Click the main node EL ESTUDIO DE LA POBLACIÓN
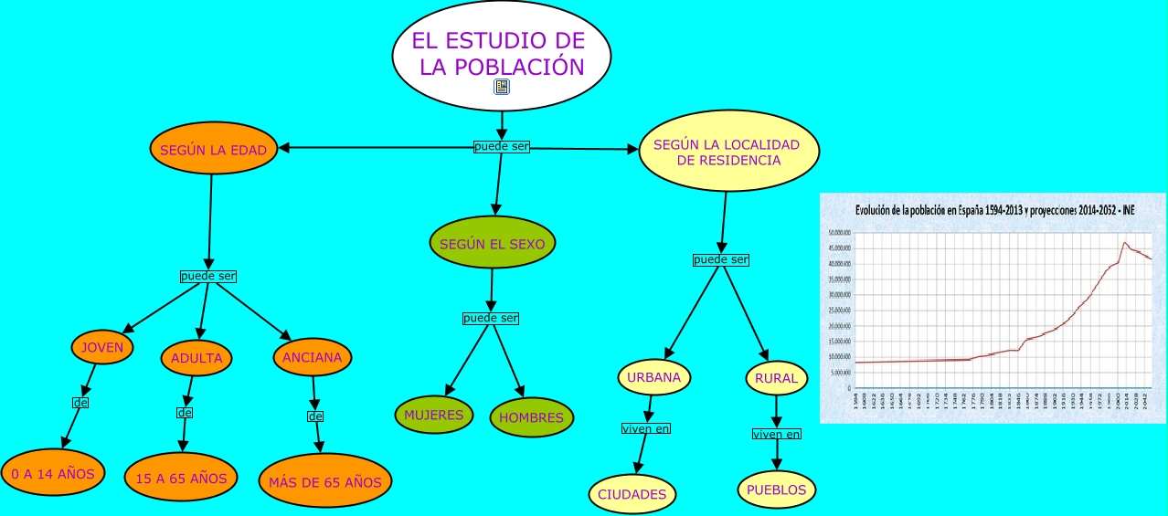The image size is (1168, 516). (x=501, y=53)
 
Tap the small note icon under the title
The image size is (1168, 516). (x=502, y=87)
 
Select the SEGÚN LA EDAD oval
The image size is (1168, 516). (x=214, y=151)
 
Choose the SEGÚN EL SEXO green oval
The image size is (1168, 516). (x=492, y=244)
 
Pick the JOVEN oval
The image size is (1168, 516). (x=102, y=347)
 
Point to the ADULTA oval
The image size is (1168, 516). (x=196, y=358)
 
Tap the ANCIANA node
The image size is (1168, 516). (x=312, y=357)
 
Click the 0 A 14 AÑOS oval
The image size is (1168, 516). (x=53, y=473)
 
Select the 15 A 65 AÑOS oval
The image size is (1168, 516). (x=181, y=478)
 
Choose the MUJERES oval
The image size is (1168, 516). (x=434, y=415)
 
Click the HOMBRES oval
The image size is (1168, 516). (x=532, y=417)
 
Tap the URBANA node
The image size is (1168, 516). (x=654, y=376)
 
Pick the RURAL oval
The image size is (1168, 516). (x=776, y=378)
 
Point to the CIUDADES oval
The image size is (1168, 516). (x=632, y=494)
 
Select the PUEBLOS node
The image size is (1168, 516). (x=776, y=490)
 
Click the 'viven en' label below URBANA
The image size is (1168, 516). (x=645, y=427)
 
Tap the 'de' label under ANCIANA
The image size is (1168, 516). (x=316, y=416)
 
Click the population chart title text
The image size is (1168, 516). (x=994, y=210)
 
